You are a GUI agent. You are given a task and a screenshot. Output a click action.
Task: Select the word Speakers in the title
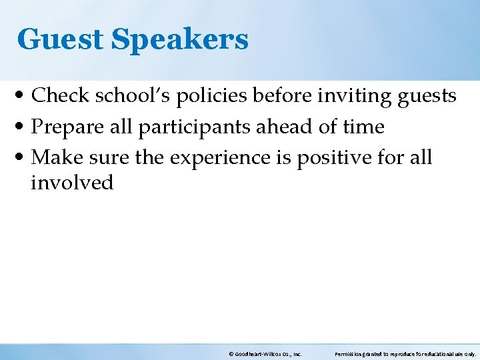(179, 39)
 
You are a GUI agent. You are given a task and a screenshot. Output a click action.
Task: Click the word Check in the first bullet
(61, 96)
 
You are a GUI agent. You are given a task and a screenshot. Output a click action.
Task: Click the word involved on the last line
(72, 182)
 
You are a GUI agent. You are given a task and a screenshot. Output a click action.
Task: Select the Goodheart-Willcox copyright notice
(265, 355)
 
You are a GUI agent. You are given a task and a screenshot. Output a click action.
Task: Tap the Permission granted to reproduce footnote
(405, 355)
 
